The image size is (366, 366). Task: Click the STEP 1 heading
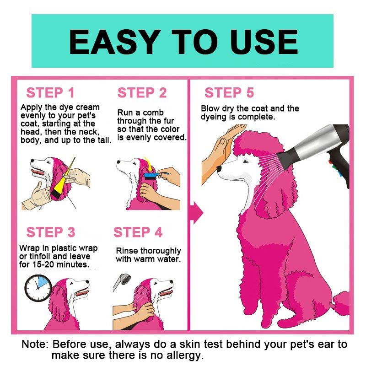click(50, 93)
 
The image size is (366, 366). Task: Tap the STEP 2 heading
click(142, 93)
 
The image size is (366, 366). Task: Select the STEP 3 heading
click(51, 232)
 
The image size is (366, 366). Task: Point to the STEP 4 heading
click(138, 232)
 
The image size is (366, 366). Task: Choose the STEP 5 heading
click(229, 93)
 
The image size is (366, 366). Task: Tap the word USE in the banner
click(264, 42)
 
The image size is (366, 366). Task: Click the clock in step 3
click(38, 288)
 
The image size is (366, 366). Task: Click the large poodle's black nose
click(219, 168)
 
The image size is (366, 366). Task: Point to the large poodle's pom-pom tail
click(341, 303)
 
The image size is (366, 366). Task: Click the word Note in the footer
click(35, 344)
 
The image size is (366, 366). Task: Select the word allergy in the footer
click(185, 355)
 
